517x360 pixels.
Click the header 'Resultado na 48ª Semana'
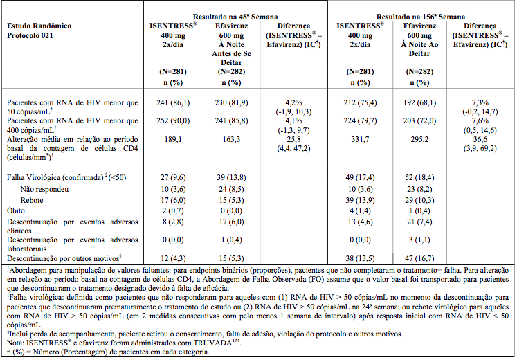(235, 17)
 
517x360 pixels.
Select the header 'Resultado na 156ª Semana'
(421, 17)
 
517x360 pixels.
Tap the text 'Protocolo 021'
(30, 35)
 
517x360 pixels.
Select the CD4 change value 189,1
(173, 139)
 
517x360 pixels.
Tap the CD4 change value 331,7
(360, 139)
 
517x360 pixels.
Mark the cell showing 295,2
(419, 139)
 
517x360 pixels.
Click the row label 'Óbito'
(16, 210)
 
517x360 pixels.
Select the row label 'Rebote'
(32, 200)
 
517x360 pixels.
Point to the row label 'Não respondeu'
(44, 189)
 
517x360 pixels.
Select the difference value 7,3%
(480, 102)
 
